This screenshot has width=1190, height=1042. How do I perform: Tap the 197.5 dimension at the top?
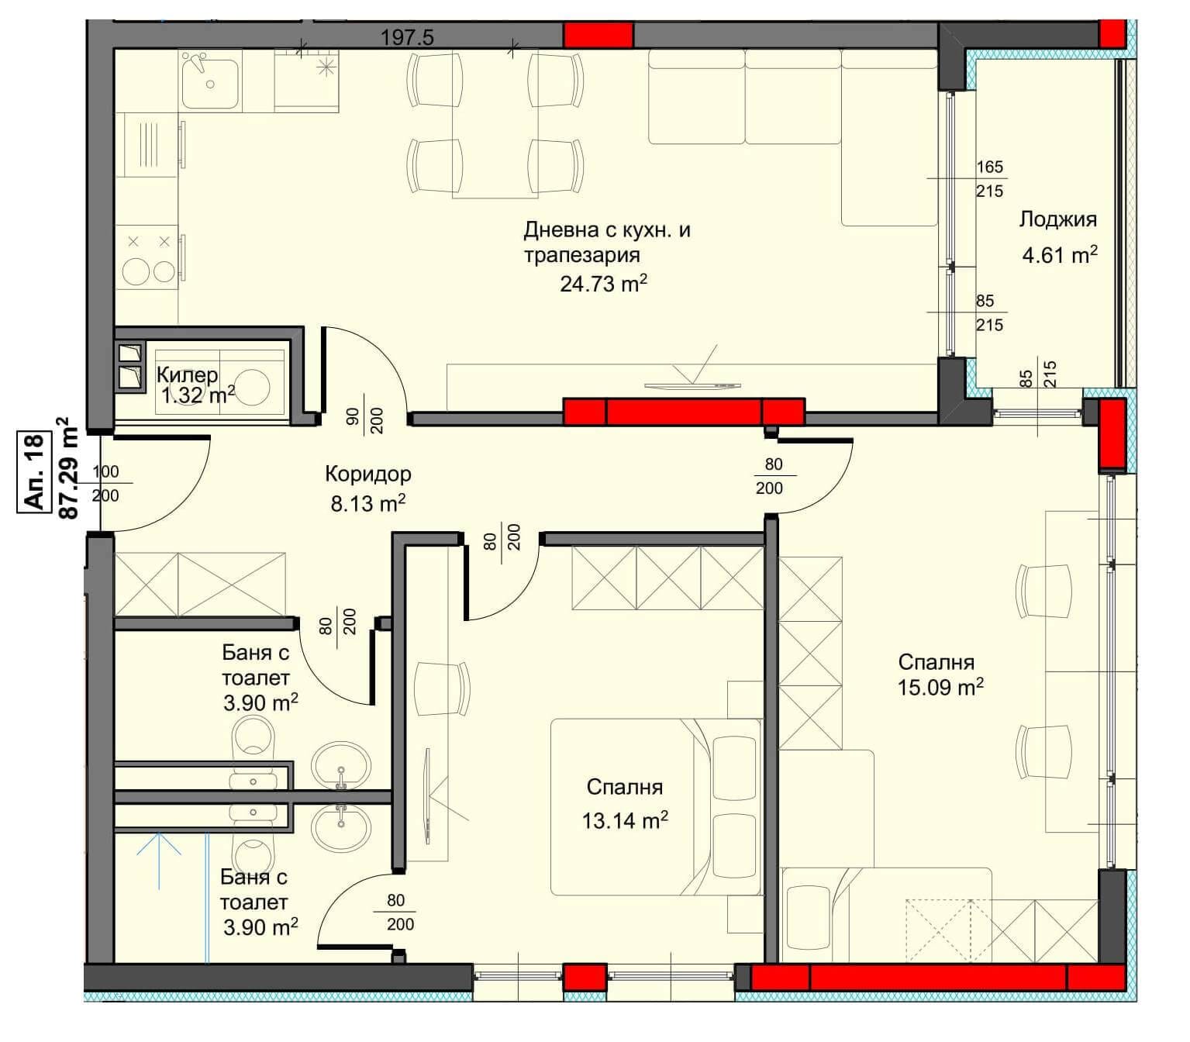pyautogui.click(x=406, y=38)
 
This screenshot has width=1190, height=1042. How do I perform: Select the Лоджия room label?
pyautogui.click(x=1057, y=219)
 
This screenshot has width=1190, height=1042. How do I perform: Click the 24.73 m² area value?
pyautogui.click(x=603, y=283)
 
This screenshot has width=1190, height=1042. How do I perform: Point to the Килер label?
pyautogui.click(x=188, y=375)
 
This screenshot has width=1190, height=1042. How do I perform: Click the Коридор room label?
pyautogui.click(x=367, y=474)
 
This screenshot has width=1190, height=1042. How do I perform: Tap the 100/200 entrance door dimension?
pyautogui.click(x=105, y=483)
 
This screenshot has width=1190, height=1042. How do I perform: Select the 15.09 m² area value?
pyautogui.click(x=940, y=687)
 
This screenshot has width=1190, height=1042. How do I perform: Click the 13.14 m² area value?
pyautogui.click(x=625, y=820)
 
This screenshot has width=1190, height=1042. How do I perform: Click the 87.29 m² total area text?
pyautogui.click(x=67, y=468)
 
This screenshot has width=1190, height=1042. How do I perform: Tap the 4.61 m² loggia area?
pyautogui.click(x=1060, y=254)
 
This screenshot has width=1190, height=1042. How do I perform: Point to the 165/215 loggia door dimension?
pyautogui.click(x=989, y=178)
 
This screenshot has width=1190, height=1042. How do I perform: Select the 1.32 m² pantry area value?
pyautogui.click(x=198, y=395)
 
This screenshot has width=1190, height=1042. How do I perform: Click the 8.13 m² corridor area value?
pyautogui.click(x=367, y=503)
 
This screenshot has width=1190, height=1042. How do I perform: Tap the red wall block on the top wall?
pyautogui.click(x=598, y=35)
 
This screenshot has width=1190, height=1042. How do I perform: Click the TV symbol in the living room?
pyautogui.click(x=693, y=372)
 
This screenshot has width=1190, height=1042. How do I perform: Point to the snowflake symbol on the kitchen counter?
pyautogui.click(x=326, y=67)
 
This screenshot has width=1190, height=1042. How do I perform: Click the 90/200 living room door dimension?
pyautogui.click(x=365, y=414)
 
